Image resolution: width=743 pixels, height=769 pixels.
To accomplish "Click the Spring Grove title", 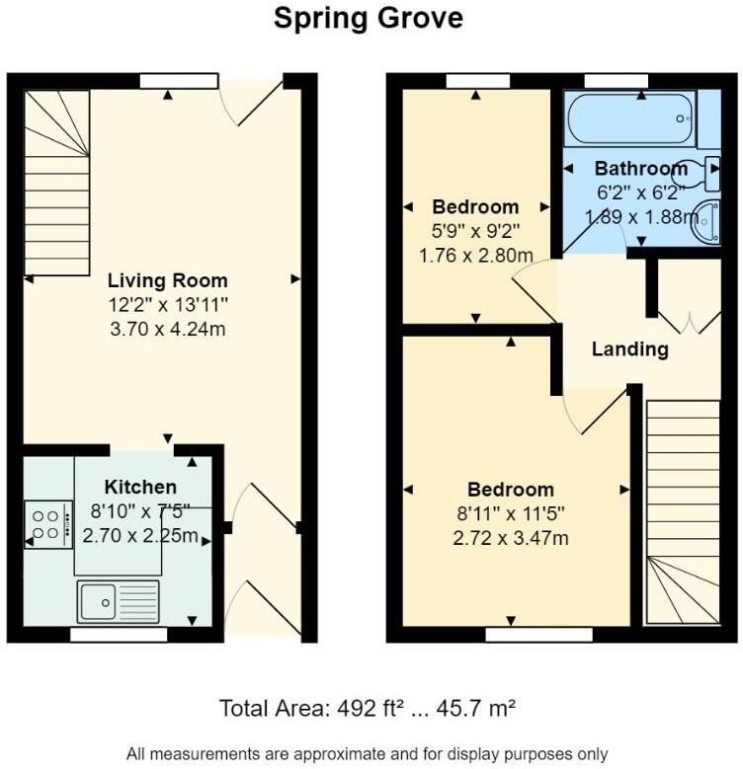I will coord(369,19).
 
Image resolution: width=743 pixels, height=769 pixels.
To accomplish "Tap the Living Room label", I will coord(167,280).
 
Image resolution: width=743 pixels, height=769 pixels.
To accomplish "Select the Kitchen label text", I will coord(140,487).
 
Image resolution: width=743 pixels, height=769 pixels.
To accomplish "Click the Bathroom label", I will coord(640,169).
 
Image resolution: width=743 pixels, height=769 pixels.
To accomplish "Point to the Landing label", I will coord(629,348).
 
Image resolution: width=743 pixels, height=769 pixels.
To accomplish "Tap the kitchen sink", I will coord(118,599).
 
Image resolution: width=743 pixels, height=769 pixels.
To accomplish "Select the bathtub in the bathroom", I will coord(629,118).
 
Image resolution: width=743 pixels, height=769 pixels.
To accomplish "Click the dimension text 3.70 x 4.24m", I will coord(167,329).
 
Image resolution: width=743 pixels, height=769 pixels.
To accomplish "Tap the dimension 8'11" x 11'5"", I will coord(510,513).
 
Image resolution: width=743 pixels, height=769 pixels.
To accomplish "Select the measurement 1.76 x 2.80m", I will coord(475,256).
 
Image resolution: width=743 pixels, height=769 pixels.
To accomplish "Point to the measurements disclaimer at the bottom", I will coord(369,753).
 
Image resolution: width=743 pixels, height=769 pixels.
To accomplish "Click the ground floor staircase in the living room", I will coord(56,183).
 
